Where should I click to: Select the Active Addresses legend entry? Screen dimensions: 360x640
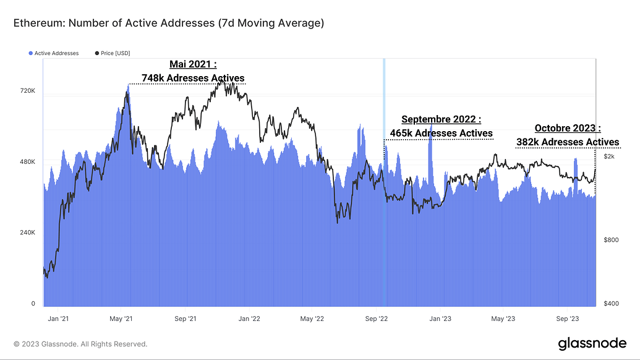54,53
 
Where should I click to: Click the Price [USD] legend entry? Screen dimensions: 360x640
113,53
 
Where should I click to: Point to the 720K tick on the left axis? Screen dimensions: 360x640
28,91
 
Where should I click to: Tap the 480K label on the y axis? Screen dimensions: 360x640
28,161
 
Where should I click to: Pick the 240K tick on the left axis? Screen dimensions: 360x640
28,233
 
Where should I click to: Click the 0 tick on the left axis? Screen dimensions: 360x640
33,304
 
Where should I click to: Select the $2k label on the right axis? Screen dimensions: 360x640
609,157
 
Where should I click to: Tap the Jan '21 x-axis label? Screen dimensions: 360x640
58,319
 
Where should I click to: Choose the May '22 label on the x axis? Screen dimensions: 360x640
312,319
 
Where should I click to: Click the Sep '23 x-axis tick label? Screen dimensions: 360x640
566,319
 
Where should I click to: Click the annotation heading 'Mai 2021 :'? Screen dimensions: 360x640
193,64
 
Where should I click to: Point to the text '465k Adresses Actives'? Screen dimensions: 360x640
441,133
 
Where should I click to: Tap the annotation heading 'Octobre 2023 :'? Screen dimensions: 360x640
568,129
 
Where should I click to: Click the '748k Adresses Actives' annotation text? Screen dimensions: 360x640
193,77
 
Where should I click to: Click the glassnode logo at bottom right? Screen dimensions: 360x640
592,343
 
